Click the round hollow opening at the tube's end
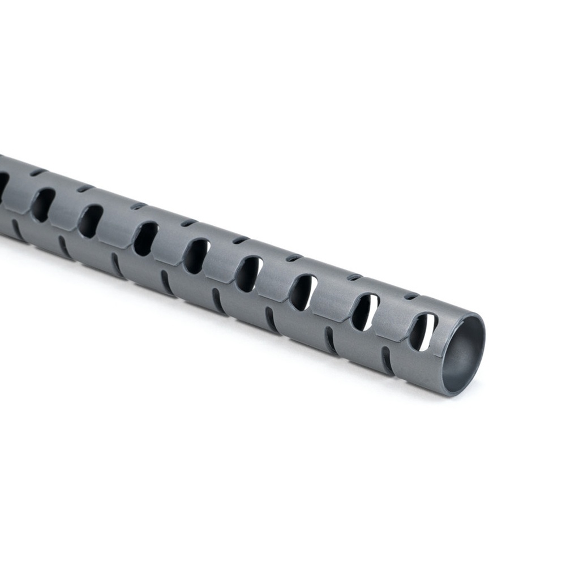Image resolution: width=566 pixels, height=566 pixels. tap(464, 354)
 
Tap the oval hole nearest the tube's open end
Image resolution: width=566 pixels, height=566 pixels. tap(423, 332)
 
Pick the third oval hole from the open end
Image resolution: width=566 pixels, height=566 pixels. tap(304, 293)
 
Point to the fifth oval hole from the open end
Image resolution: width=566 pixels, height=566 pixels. tap(197, 256)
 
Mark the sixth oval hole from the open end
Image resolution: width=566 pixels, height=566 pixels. tap(145, 238)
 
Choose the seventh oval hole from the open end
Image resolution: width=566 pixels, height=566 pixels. tap(91, 221)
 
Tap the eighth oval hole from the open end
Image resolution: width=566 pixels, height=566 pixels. tap(43, 204)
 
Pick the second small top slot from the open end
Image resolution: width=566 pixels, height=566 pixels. tap(354, 277)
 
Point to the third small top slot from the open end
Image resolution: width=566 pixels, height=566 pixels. tap(294, 258)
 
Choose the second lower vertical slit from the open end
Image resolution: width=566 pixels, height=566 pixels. tap(331, 340)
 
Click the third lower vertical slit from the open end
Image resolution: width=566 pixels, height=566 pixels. tap(271, 320)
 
